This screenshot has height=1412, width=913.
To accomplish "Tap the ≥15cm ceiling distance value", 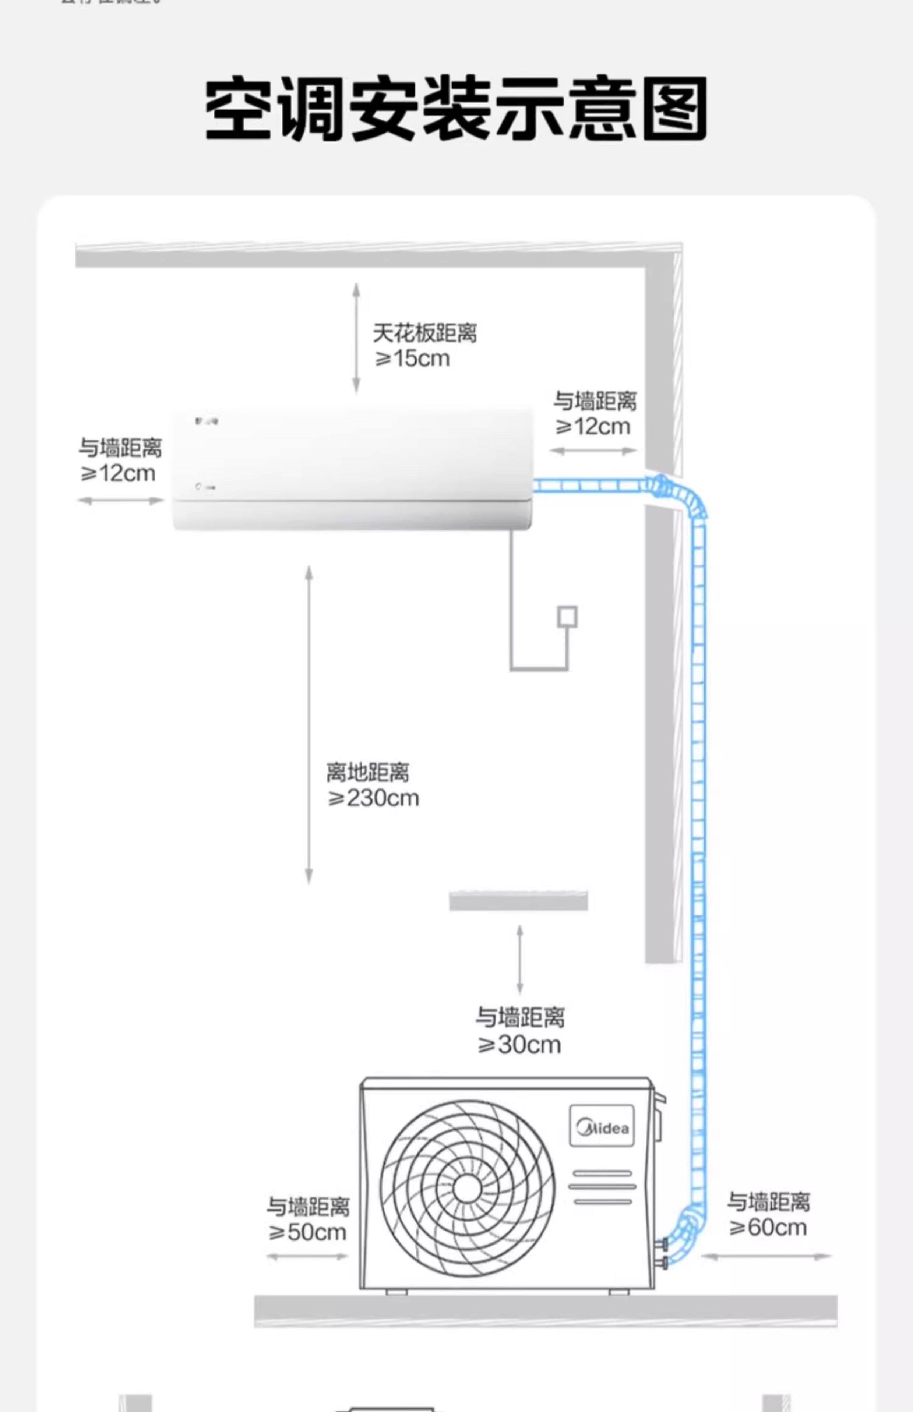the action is tap(413, 359).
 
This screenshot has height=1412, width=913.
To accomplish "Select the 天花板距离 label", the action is tap(424, 333).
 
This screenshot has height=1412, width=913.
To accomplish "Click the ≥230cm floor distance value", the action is tap(374, 798).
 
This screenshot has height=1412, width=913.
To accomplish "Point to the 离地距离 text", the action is tap(367, 772).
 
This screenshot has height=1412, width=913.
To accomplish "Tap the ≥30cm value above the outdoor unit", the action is tap(520, 1044).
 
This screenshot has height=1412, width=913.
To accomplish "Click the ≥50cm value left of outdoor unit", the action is tap(307, 1232).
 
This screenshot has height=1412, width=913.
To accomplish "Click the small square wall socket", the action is tap(567, 617).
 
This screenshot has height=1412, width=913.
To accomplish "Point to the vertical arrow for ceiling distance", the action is tap(356, 338).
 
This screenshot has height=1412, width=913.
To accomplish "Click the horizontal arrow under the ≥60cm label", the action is tap(766, 1256).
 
